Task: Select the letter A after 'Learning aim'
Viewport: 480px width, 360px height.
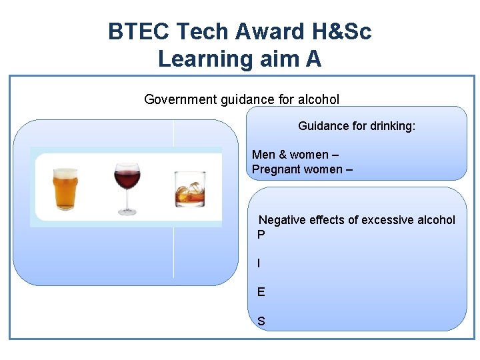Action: pyautogui.click(x=313, y=59)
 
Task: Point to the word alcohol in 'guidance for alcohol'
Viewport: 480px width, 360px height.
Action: pyautogui.click(x=319, y=100)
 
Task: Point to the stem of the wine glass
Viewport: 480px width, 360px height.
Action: pyautogui.click(x=126, y=203)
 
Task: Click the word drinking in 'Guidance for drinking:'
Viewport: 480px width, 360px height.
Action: pyautogui.click(x=390, y=125)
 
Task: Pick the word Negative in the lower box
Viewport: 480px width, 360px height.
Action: pyautogui.click(x=282, y=220)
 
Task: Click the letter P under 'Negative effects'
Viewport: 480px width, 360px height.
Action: pyautogui.click(x=261, y=235)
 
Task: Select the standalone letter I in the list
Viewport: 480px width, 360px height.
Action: pyautogui.click(x=259, y=263)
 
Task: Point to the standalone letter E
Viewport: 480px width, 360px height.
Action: pyautogui.click(x=261, y=292)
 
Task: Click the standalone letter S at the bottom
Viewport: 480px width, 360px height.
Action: pyautogui.click(x=261, y=321)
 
